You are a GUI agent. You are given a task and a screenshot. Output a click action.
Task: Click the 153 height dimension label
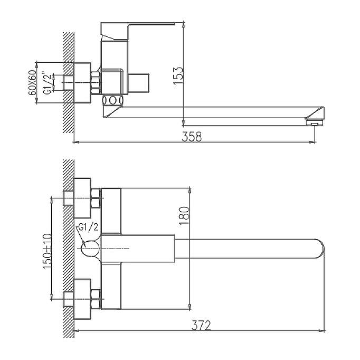pyautogui.click(x=178, y=76)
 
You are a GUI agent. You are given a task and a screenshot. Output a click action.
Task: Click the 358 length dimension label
pyautogui.click(x=192, y=137)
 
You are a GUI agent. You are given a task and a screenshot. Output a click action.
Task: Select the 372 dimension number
pyautogui.click(x=201, y=325)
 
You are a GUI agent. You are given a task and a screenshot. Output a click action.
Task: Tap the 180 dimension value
pyautogui.click(x=185, y=216)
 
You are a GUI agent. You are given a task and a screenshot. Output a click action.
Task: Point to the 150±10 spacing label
pyautogui.click(x=47, y=251)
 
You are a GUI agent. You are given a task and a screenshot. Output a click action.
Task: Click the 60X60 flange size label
pyautogui.click(x=33, y=83)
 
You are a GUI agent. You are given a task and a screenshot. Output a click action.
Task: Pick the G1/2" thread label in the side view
pyautogui.click(x=48, y=83)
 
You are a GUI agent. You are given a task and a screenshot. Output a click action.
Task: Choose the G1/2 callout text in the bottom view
pyautogui.click(x=88, y=227)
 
